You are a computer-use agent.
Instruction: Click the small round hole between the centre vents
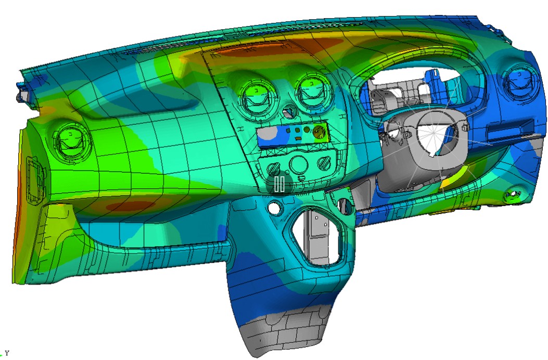click(x=288, y=112)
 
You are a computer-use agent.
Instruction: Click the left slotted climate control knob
click(x=274, y=169)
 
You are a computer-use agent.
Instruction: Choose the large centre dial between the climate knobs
click(x=299, y=165)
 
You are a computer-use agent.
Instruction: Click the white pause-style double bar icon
click(x=279, y=184)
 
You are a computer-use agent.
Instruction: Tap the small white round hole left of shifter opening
click(x=273, y=208)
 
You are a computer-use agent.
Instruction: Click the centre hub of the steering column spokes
click(x=432, y=133)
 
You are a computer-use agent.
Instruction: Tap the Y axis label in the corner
click(x=7, y=353)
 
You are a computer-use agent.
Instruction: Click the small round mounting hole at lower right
click(x=513, y=195)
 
